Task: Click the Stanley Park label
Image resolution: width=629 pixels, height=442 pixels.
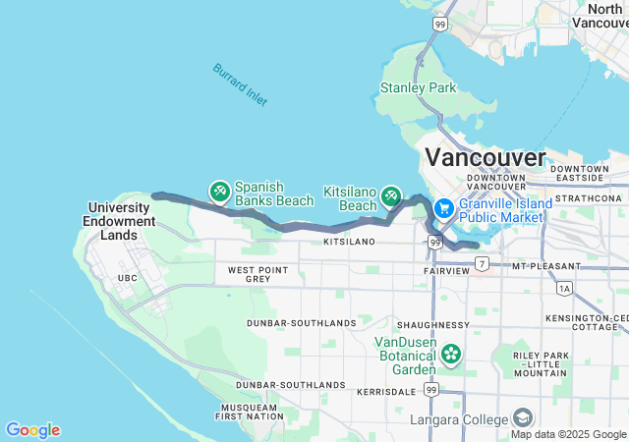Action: coord(418,87)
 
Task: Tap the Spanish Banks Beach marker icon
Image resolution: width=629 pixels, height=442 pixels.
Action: coord(219,189)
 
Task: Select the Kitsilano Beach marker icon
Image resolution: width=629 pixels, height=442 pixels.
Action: coord(391,194)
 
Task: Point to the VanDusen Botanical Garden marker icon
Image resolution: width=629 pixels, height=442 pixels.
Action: coord(451,353)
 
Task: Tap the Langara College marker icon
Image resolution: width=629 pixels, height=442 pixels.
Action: coord(523,419)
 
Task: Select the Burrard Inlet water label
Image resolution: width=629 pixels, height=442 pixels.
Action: coord(240,84)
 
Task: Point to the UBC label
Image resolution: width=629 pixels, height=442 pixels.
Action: coord(127,278)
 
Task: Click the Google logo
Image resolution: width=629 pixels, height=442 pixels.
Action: coord(33,430)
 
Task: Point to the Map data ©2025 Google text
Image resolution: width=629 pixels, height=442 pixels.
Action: coord(568,434)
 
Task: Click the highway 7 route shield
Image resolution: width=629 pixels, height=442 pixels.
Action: coord(482,262)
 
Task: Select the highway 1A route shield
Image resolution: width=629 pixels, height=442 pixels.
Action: coord(563,289)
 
